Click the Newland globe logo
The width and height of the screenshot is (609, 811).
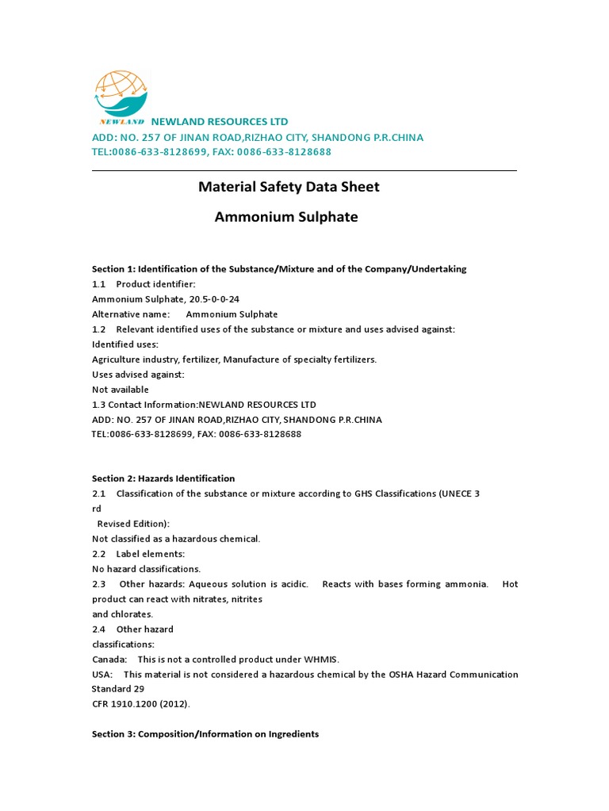[121, 97]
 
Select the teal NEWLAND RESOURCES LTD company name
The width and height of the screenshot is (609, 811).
[220, 122]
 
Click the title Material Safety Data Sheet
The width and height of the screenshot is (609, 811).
[289, 187]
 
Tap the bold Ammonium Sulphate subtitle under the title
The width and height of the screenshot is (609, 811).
[286, 217]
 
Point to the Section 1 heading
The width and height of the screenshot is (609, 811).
[279, 269]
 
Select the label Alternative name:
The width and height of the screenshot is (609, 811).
[131, 314]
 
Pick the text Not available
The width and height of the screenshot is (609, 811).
[121, 390]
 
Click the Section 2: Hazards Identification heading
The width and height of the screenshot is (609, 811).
[163, 478]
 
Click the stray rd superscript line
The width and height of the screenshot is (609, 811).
[97, 509]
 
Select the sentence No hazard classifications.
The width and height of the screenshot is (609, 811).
[146, 569]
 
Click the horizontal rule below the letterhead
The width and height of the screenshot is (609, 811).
[304, 170]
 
